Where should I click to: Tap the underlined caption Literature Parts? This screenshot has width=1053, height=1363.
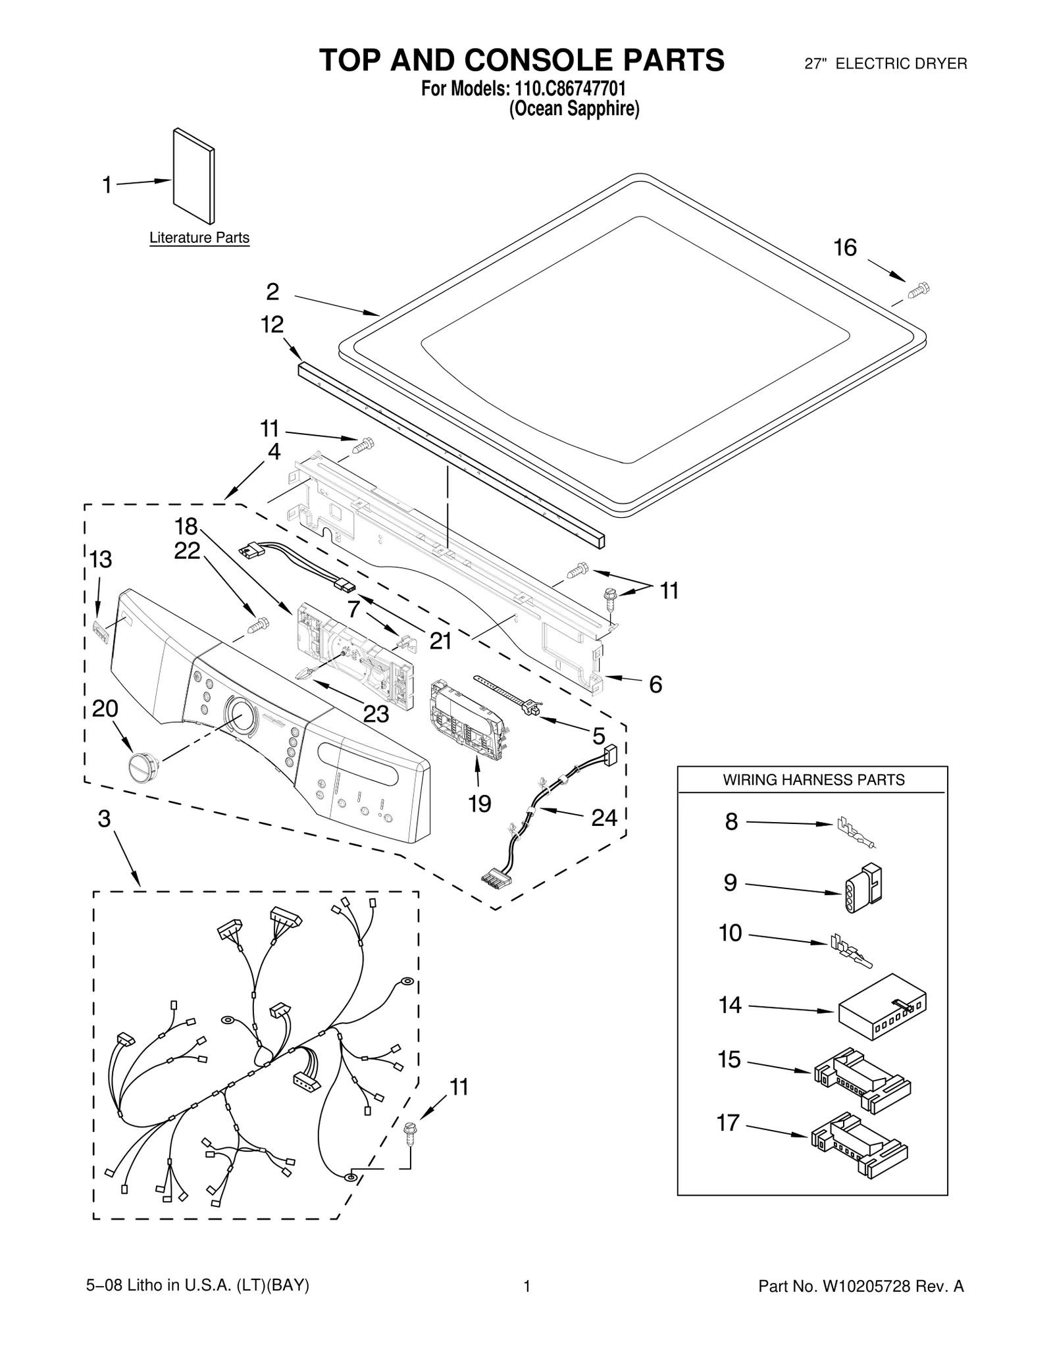coord(199,238)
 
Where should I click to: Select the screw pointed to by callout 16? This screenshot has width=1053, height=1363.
coord(919,290)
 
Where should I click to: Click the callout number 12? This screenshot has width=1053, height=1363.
coord(272,324)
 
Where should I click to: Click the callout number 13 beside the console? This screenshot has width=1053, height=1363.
coord(101,559)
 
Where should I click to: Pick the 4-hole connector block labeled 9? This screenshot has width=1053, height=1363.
coord(863,888)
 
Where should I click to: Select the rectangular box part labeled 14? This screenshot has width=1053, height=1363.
coord(881,1007)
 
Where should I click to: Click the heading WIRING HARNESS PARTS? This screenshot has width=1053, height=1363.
coord(813,780)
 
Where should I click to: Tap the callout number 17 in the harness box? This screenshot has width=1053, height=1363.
coord(728,1122)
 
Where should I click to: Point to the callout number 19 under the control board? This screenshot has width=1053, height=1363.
coord(480,803)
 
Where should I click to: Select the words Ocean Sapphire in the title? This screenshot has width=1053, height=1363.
coord(575,109)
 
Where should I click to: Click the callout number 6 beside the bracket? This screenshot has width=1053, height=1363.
coord(655,684)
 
